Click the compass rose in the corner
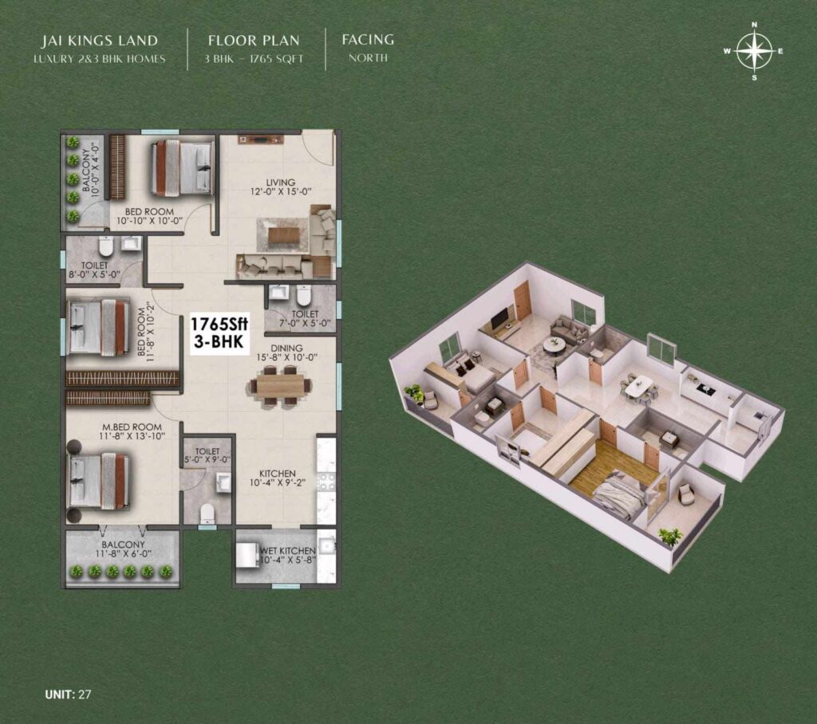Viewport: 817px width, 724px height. pyautogui.click(x=753, y=51)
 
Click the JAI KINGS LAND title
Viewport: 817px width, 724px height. pyautogui.click(x=101, y=41)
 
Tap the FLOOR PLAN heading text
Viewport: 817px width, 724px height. pyautogui.click(x=255, y=41)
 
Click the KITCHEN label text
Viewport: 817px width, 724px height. pyautogui.click(x=277, y=473)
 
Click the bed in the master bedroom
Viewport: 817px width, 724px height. pyautogui.click(x=100, y=481)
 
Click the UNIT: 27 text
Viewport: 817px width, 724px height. pyautogui.click(x=69, y=694)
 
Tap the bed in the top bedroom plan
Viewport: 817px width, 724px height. pyautogui.click(x=182, y=167)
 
